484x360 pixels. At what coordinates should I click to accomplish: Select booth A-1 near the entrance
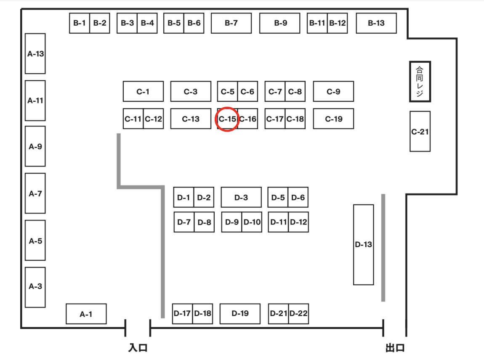tap(86, 314)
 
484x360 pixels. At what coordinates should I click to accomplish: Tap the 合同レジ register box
tap(420, 82)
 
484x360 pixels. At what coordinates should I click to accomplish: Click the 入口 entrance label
tap(138, 348)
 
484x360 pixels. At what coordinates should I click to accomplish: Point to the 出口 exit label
tap(395, 348)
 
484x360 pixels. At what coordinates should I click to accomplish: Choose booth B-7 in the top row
tap(231, 23)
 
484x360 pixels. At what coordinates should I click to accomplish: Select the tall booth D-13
tap(363, 244)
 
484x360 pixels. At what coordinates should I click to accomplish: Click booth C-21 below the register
tap(420, 131)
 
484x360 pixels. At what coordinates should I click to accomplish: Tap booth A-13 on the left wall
tap(35, 53)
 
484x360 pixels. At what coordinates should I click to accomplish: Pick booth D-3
tap(241, 197)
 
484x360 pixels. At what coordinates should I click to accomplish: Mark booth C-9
tap(333, 92)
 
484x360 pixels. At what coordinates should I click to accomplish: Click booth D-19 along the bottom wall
tap(240, 313)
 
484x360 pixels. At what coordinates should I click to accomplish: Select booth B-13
tap(376, 23)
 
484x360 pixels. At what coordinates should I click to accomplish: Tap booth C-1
tap(143, 92)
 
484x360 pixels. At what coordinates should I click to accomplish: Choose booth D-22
tap(299, 313)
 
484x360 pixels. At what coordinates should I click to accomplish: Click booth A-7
tap(35, 193)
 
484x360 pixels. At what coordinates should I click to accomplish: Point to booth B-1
tap(79, 23)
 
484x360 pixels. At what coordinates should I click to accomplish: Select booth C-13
tap(191, 119)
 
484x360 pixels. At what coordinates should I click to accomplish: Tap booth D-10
tap(252, 222)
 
